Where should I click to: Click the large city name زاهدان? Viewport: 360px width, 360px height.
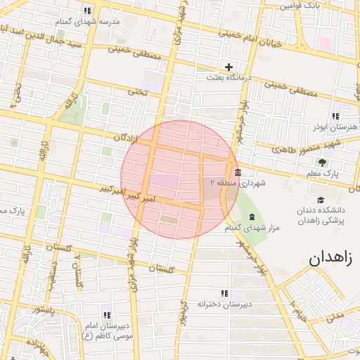point(333,257)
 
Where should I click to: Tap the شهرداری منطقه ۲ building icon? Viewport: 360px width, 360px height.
point(237,172)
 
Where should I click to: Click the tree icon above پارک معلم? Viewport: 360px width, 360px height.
point(321,162)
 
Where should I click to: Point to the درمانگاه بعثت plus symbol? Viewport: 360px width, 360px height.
point(229,67)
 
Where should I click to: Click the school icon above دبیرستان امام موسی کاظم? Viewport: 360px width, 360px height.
point(107,314)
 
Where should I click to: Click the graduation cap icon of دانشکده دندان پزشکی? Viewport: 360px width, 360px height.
point(321,199)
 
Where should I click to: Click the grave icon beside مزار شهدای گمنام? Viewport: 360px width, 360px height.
point(252,216)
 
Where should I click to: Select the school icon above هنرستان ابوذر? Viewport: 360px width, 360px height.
point(335,116)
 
